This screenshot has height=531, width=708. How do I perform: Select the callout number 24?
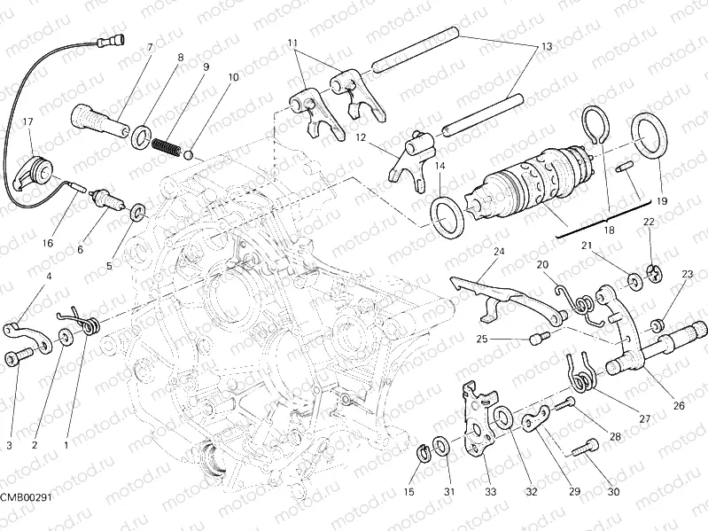pos(499,252)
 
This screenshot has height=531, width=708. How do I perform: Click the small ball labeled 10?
pos(189,154)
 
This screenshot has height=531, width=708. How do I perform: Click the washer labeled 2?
pos(66,337)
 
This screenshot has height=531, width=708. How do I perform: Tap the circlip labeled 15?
pos(424,455)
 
